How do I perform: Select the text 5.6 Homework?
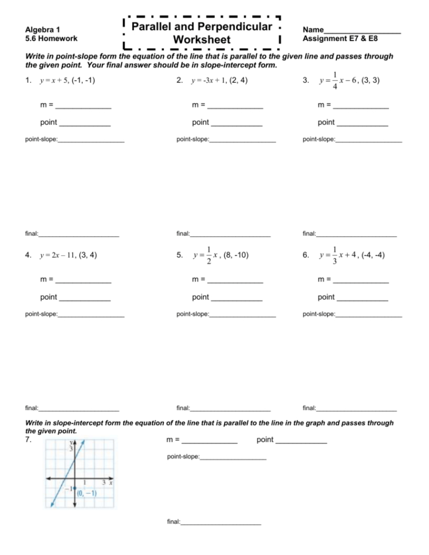coord(51,38)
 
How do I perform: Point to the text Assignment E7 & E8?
coord(340,38)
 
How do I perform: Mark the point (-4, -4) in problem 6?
coord(373,255)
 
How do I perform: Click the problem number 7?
coord(27,440)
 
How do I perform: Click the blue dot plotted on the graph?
coord(74,489)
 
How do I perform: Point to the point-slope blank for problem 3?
coord(369,141)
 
